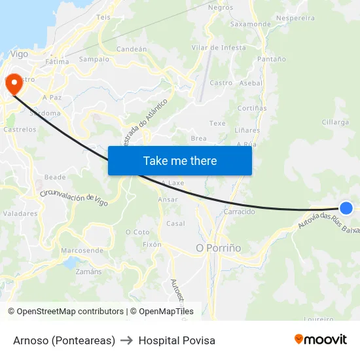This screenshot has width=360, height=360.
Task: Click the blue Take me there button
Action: pos(180,160)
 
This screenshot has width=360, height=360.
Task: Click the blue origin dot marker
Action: pos(346,208)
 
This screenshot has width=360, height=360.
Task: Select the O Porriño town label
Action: pos(219,248)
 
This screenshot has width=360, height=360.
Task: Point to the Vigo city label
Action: pos(20,54)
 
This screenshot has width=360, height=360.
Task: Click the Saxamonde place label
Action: pos(250,24)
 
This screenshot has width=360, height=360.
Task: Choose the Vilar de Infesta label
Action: pos(219,48)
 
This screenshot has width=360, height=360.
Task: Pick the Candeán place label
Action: pos(131,49)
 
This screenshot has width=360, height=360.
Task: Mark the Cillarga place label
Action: pos(335,122)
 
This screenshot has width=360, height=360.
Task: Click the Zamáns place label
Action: pos(89,272)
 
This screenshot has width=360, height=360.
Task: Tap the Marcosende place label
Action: pos(82,251)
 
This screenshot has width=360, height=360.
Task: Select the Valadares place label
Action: pos(20,213)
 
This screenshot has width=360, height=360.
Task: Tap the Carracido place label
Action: pos(240,211)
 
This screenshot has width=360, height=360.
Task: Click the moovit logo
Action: pos(320,339)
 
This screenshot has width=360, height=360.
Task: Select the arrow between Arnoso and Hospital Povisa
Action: pos(127,340)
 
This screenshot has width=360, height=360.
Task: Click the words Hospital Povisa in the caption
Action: pos(177,340)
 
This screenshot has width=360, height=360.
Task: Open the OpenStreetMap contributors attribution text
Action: pos(70,312)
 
